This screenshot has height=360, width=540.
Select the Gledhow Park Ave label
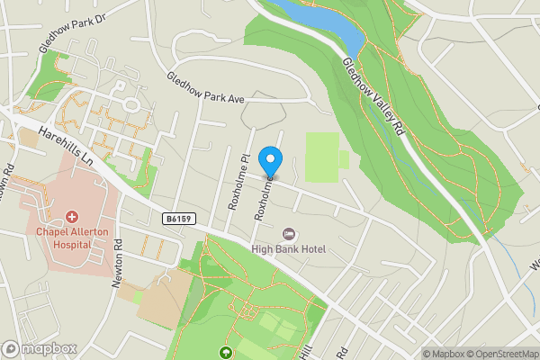click(205, 87)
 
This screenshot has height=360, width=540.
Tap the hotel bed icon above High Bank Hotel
click(289, 234)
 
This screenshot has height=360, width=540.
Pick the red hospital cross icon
click(71, 218)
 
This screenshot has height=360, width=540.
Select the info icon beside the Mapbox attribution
click(414, 353)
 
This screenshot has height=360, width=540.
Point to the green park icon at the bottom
click(226, 353)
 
